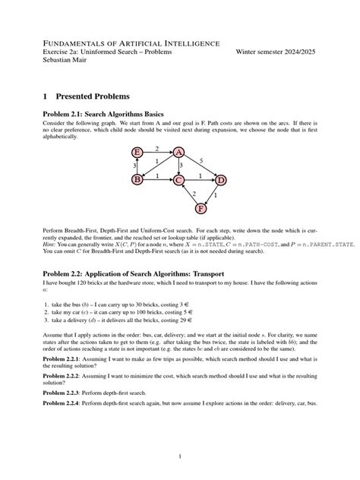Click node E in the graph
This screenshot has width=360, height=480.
[x=138, y=153]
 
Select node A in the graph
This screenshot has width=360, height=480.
[x=179, y=153]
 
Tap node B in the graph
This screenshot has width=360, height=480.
[x=138, y=180]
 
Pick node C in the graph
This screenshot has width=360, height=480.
[x=179, y=180]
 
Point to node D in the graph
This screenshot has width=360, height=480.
[x=220, y=180]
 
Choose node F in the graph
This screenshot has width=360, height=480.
[x=201, y=207]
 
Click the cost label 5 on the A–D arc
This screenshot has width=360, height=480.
[x=201, y=161]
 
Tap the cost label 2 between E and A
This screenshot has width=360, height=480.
[x=157, y=148]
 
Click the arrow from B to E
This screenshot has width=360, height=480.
[x=138, y=166]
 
